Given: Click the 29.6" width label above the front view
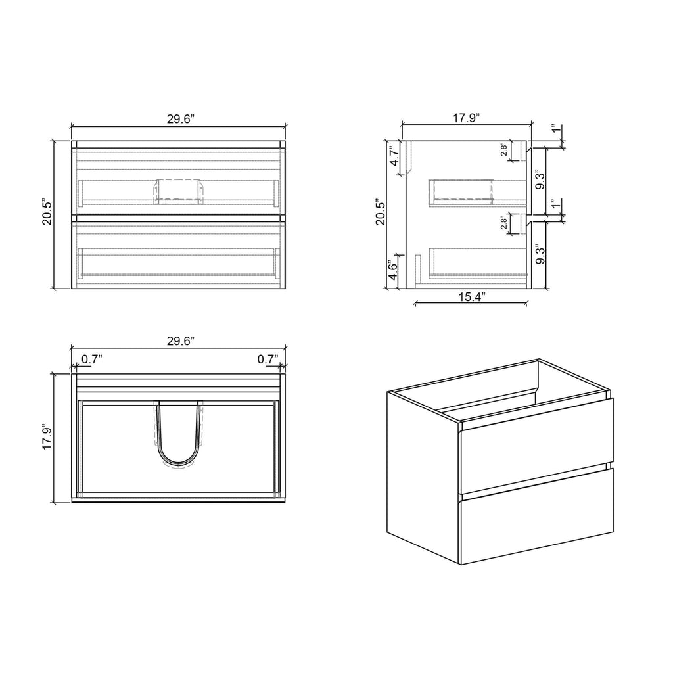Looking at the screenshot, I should point(179,119).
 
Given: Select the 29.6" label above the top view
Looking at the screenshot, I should point(179,341).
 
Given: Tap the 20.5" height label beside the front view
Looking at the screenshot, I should point(47,212).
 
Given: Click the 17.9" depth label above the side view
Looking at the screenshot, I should point(465,118).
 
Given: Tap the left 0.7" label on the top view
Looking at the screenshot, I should point(91,359).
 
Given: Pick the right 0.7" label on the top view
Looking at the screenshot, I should point(267,359).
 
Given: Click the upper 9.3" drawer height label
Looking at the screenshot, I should point(540,180).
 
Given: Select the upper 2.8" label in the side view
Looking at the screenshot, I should point(503,151).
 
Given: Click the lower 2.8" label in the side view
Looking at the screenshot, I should point(503,223).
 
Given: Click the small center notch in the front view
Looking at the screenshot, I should point(177,191).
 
